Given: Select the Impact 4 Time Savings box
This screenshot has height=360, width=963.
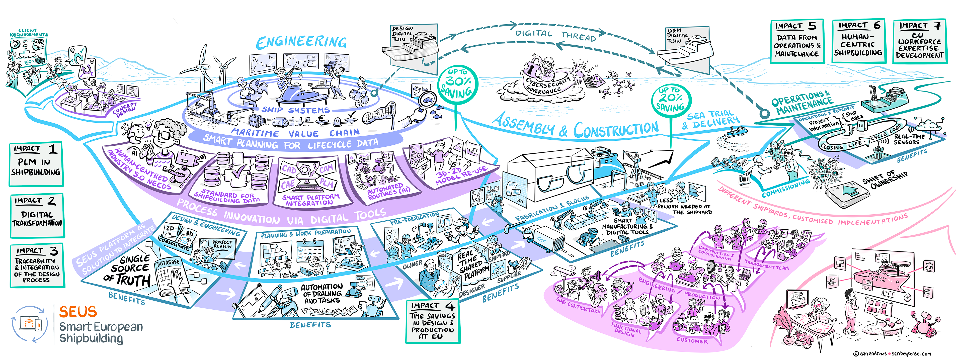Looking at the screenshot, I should pyautogui.click(x=433, y=321).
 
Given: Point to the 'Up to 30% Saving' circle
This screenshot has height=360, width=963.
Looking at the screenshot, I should pyautogui.click(x=457, y=84).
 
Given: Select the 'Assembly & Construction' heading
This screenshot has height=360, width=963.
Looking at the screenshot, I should pyautogui.click(x=576, y=126).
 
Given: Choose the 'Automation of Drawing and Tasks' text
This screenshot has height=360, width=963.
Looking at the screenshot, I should pyautogui.click(x=322, y=294).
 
